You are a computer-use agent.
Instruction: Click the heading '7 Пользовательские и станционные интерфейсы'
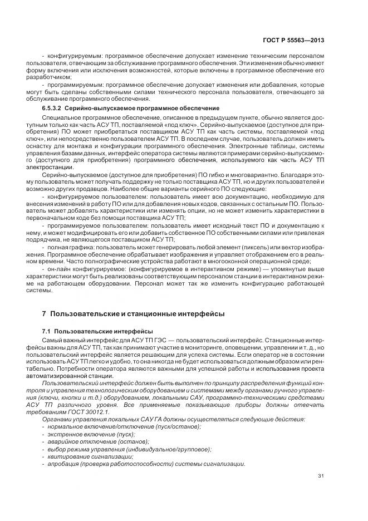coord(133,314)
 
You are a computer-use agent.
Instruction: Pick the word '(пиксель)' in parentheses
coord(244,246)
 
